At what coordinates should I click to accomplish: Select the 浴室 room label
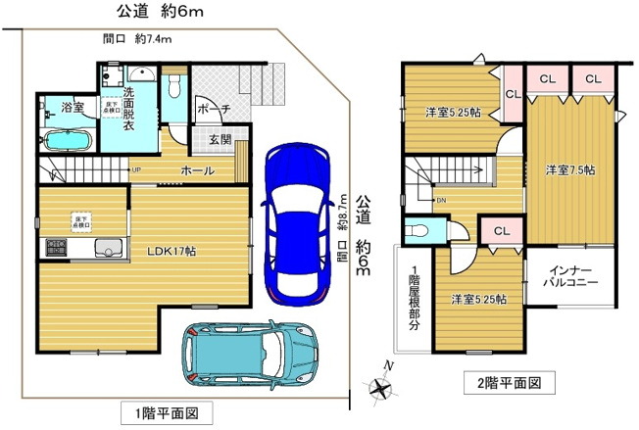point(71,106)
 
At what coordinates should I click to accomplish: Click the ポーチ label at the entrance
point(213,109)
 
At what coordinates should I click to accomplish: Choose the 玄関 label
point(220,140)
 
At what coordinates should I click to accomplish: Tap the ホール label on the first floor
point(199,171)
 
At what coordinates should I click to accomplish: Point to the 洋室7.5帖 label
point(569,169)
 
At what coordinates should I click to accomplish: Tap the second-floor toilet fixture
point(418,231)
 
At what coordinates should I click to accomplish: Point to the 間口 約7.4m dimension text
point(137,40)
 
